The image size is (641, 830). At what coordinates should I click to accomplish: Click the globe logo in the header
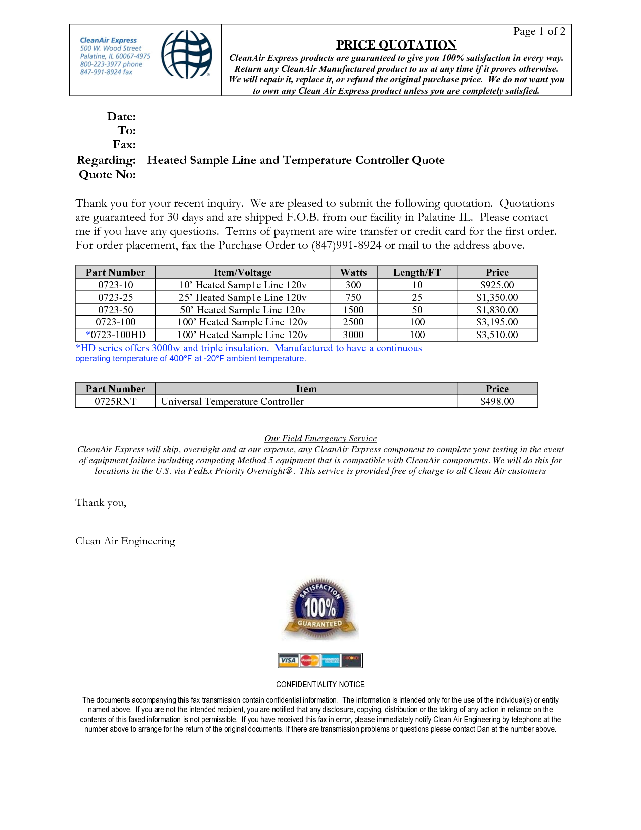(x=187, y=54)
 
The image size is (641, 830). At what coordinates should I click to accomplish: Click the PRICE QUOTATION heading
(x=396, y=45)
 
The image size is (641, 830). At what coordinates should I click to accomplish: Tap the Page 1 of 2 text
(x=539, y=31)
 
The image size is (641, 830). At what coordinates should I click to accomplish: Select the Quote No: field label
(x=107, y=175)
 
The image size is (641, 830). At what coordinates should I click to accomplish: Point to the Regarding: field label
(x=106, y=160)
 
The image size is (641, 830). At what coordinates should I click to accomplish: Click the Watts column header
(x=353, y=272)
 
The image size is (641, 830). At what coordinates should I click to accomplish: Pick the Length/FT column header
(x=417, y=272)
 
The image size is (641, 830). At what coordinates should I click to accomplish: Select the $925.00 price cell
(x=497, y=285)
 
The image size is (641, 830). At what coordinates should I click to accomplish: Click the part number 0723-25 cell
(x=116, y=297)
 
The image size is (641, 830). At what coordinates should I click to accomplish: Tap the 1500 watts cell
(x=353, y=310)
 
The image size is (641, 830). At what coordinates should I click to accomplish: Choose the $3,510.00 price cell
(x=497, y=335)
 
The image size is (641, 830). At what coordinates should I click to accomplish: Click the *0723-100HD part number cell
(x=116, y=335)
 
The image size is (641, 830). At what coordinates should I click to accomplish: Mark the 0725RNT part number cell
(x=116, y=401)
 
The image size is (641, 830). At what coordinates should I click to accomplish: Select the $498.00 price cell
(x=497, y=401)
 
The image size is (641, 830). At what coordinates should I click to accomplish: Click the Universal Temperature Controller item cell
(x=232, y=401)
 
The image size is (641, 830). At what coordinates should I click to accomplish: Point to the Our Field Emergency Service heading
(x=320, y=438)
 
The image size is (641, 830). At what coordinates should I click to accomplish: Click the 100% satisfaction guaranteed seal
(x=320, y=608)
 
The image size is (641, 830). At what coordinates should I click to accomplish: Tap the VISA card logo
(x=288, y=660)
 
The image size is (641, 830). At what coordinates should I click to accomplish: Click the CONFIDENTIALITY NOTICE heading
(x=320, y=684)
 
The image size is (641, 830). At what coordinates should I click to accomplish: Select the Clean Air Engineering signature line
(x=125, y=541)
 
